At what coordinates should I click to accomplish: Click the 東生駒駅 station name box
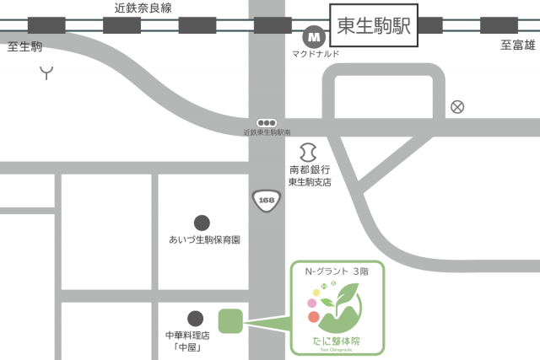[373, 25]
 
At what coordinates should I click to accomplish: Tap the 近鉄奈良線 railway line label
[143, 7]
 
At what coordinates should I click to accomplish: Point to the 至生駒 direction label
[24, 45]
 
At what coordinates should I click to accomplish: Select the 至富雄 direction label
[517, 45]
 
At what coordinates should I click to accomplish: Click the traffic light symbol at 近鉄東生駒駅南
[267, 123]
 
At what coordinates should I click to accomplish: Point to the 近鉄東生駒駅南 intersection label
[266, 133]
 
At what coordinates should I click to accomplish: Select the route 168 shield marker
[267, 201]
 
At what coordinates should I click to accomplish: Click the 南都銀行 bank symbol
[309, 153]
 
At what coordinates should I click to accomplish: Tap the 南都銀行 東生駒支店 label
[310, 175]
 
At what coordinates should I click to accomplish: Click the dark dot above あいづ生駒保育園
[202, 223]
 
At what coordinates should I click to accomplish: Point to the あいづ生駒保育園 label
[205, 240]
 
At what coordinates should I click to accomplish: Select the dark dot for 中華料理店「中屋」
[195, 318]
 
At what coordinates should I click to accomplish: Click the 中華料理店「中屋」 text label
[187, 341]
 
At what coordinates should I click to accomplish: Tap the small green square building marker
[230, 320]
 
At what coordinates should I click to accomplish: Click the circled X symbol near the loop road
[457, 106]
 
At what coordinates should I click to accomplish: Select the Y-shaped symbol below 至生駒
[46, 73]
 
